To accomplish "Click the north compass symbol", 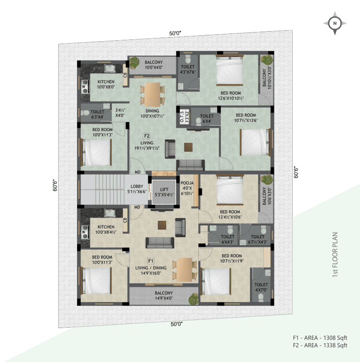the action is [x=335, y=23].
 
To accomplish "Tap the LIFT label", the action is [x=164, y=190].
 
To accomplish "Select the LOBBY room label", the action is [x=137, y=186].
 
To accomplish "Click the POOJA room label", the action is [x=187, y=183].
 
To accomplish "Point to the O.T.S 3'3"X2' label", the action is [x=185, y=116].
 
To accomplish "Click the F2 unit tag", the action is [x=147, y=136].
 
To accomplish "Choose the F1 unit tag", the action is [x=151, y=261].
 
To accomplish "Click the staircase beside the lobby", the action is [x=103, y=189].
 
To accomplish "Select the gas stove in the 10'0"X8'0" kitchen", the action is [x=85, y=87].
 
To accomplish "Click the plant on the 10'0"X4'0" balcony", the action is [x=134, y=62].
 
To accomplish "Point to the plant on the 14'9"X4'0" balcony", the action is [x=193, y=299].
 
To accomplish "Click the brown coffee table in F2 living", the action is [x=188, y=147].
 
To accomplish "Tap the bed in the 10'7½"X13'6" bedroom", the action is [x=255, y=142].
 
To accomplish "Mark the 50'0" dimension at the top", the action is [x=175, y=33].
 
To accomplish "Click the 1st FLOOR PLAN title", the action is [x=335, y=255].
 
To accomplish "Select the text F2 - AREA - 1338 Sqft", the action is [x=320, y=345].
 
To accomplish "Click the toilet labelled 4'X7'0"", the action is [x=261, y=285].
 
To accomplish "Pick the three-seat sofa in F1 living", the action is [x=160, y=243].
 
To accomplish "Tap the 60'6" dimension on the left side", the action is [x=55, y=185].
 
